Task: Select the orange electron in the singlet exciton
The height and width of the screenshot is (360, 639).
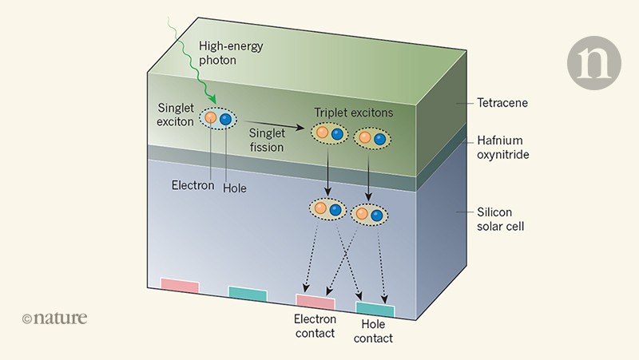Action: pos(210,118)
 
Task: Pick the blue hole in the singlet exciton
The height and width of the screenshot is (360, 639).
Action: pos(226,119)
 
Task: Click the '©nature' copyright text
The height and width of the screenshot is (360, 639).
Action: pos(54,318)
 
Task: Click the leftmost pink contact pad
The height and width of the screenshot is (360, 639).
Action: pos(180,285)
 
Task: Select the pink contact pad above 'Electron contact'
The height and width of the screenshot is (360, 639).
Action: pos(315,301)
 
